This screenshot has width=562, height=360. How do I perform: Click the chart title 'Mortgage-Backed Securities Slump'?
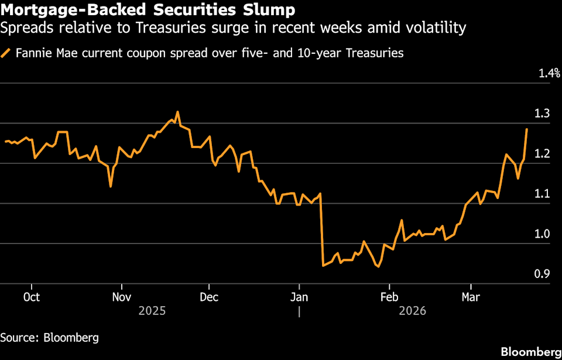[x=148, y=10]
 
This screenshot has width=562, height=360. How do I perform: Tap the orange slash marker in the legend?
[x=6, y=53]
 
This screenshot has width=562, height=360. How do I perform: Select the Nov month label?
[x=121, y=297]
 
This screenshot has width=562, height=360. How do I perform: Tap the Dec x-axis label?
[x=209, y=297]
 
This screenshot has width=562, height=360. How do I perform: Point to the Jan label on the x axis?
[x=299, y=297]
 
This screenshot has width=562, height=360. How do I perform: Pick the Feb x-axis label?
[x=388, y=297]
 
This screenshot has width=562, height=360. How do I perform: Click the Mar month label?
[x=471, y=297]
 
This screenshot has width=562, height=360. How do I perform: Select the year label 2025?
[x=152, y=311]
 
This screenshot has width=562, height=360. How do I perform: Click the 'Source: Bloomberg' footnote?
[x=49, y=338]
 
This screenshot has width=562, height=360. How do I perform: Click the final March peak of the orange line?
[x=527, y=129]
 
